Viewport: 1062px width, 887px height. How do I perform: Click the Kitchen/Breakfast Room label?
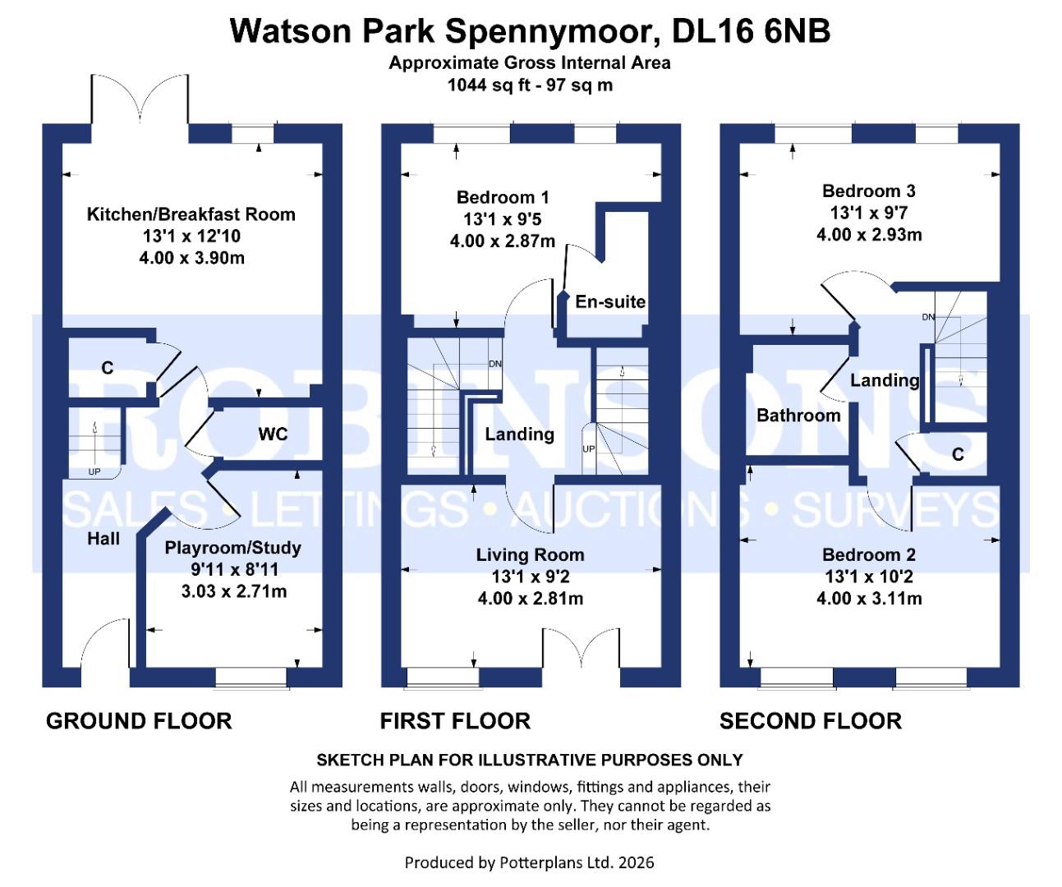coord(191,214)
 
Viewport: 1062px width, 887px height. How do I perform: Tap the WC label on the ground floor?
coord(273,434)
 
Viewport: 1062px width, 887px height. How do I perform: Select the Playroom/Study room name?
coord(233,548)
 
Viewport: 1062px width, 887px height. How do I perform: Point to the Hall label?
coord(103,539)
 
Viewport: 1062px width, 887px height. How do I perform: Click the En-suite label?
coord(610,301)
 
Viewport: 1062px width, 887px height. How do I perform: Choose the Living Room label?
coord(530,555)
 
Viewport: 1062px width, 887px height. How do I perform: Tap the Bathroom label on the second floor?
coord(798,416)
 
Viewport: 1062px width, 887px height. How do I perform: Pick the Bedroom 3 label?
coord(868,191)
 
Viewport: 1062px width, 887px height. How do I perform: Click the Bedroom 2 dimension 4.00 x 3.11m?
coord(868,599)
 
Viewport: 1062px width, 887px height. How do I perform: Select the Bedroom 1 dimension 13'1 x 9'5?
coord(502,219)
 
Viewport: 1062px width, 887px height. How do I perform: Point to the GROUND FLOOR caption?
coord(139,721)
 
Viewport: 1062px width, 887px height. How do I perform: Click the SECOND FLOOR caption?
coord(811,721)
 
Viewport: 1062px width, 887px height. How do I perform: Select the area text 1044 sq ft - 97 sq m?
coord(530,85)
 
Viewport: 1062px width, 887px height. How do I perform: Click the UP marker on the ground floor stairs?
coord(94,472)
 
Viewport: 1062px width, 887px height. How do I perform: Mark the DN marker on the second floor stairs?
coord(928,317)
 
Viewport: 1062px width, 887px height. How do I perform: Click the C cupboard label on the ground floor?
coord(107,368)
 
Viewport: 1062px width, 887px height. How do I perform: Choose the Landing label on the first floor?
coord(519,434)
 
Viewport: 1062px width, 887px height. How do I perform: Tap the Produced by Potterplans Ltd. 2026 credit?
coord(530,862)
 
